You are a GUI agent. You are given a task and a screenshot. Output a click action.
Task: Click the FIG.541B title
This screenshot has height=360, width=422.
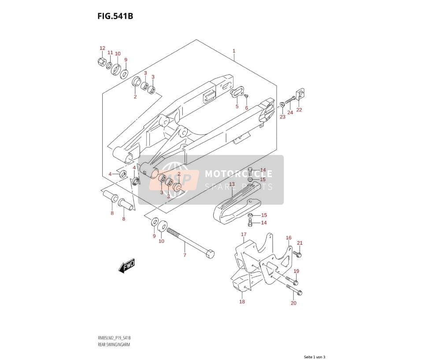[115, 16]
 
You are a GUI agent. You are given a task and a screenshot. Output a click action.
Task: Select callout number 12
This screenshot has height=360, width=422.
[102, 48]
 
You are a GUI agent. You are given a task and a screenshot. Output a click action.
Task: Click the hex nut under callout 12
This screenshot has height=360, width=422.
[101, 62]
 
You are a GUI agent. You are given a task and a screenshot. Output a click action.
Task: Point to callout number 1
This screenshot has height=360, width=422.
[234, 51]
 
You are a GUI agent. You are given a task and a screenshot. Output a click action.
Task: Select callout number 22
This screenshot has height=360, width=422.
[299, 110]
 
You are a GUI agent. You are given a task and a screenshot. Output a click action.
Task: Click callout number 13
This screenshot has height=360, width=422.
[232, 184]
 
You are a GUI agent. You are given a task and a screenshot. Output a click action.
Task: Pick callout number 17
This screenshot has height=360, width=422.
[244, 235]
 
